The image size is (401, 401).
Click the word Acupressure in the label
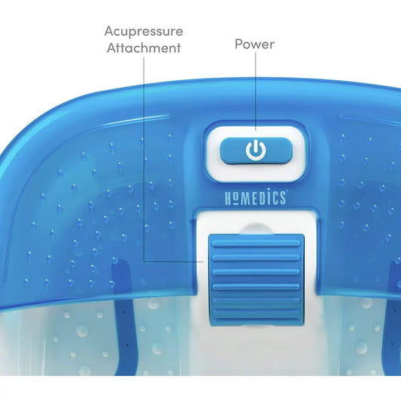coord(144,32)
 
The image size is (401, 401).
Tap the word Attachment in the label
coord(144,48)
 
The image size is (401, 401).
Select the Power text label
coord(255,44)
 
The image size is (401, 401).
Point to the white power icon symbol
coord(256,150)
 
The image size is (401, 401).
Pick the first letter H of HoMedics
coord(228,198)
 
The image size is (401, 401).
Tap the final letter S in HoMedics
coord(282,198)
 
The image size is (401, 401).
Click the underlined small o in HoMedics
coord(235,199)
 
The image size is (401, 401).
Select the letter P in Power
coord(238,44)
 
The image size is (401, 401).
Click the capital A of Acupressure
coord(109,31)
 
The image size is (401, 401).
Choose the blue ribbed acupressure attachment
coord(256,281)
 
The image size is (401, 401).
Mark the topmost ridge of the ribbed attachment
coord(256,243)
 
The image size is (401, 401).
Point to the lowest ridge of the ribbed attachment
coord(256,319)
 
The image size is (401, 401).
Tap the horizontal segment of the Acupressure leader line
coord(174,261)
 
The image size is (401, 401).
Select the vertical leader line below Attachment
coord(144,159)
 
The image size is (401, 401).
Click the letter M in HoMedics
coord(245,198)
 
